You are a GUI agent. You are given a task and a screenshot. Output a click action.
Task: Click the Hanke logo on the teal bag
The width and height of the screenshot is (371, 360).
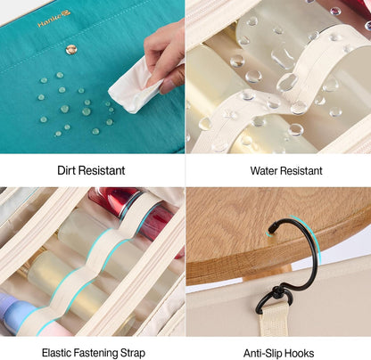tap(54, 19)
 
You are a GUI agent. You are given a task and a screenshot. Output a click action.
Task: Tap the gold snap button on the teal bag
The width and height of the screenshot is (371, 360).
tap(71, 50)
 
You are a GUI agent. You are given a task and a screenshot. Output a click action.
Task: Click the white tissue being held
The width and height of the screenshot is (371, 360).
tap(136, 86)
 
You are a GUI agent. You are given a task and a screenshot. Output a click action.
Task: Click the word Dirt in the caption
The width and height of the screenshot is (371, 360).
tap(67, 170)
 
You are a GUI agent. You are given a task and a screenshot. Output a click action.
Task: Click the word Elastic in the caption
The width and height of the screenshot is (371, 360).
tap(56, 353)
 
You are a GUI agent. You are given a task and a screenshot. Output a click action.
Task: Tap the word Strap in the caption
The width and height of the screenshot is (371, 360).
tap(133, 354)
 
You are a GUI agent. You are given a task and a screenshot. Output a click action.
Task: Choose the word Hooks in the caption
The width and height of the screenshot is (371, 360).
tap(299, 354)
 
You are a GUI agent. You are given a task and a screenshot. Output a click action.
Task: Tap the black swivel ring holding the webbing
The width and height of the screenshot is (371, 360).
tap(272, 300)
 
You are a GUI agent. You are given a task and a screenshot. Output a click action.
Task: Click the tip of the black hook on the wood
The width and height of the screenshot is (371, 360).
tap(270, 230)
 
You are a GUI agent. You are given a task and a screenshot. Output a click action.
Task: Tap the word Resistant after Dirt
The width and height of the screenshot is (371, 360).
tap(102, 170)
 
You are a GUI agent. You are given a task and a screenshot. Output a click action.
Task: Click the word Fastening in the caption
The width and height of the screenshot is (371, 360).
tap(95, 354)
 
